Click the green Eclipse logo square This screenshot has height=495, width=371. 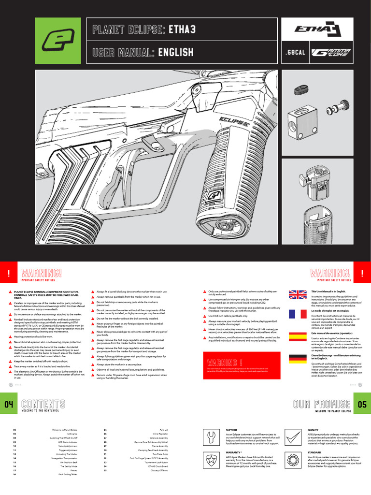58,41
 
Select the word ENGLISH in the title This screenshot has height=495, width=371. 176,52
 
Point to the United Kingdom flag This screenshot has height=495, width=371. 297,295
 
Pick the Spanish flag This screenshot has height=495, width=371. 297,337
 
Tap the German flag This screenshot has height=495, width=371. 297,359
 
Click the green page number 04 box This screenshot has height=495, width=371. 9,404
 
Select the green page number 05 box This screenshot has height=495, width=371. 362,404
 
